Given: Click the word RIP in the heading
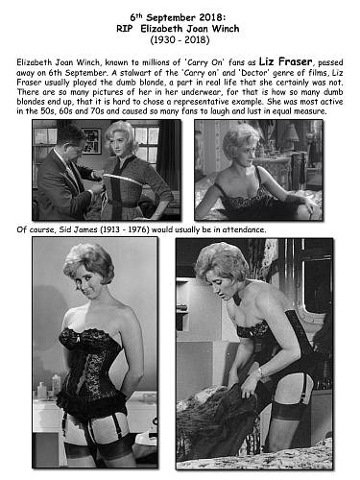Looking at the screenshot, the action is (x=125, y=29).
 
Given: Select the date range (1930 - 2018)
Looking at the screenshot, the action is (x=180, y=40).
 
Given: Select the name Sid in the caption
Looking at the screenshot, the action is (x=64, y=229).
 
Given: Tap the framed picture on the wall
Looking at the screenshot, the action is (x=91, y=140).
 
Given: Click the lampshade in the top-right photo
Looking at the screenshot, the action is (x=290, y=132).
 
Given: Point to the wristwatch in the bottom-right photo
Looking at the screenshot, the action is (x=260, y=372).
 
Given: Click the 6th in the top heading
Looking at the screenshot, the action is (x=135, y=17).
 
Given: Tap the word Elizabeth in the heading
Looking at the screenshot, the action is (x=161, y=29).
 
